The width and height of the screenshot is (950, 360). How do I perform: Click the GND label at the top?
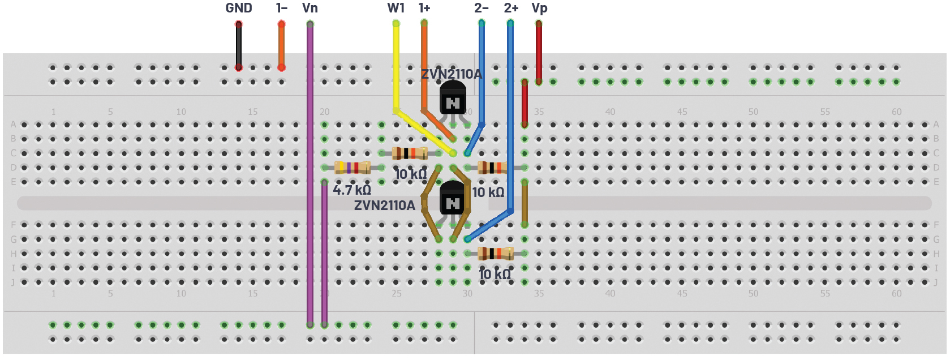(238, 8)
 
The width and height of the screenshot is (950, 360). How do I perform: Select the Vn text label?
(310, 8)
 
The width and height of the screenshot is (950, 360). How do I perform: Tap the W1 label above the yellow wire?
(396, 8)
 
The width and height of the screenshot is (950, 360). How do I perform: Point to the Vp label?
(539, 8)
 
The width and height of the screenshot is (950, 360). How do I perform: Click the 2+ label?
(511, 8)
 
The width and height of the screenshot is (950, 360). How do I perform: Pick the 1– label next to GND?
(282, 8)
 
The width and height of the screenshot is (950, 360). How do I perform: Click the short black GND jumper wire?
(239, 45)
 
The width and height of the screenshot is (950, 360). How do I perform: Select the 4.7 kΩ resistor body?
(352, 167)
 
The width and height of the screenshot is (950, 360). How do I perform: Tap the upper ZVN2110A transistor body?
(453, 97)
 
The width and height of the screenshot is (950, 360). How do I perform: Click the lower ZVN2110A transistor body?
(453, 198)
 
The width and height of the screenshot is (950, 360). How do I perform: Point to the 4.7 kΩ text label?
(351, 190)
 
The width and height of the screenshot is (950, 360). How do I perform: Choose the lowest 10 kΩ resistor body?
(496, 253)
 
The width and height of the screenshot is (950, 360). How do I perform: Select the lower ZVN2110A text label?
(384, 205)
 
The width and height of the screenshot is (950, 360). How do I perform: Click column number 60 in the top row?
(896, 112)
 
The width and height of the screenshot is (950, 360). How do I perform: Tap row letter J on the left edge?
(13, 282)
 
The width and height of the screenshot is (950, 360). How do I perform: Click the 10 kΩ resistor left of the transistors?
(410, 153)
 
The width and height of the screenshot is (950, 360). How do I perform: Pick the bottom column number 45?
(682, 293)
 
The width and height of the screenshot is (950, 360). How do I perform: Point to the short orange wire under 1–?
(281, 45)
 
